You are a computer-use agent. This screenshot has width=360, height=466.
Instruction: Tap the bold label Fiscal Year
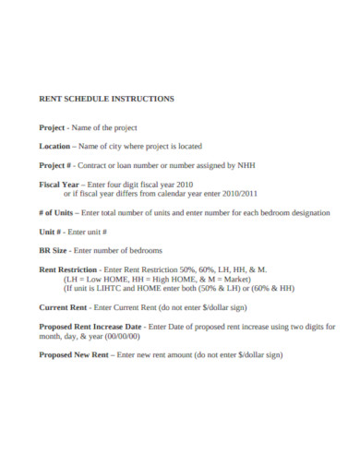(57, 184)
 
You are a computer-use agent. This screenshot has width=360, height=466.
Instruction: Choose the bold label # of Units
(58, 212)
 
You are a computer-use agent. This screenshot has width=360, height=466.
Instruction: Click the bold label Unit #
(52, 232)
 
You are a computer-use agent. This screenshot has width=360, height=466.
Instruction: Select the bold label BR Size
(54, 251)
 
